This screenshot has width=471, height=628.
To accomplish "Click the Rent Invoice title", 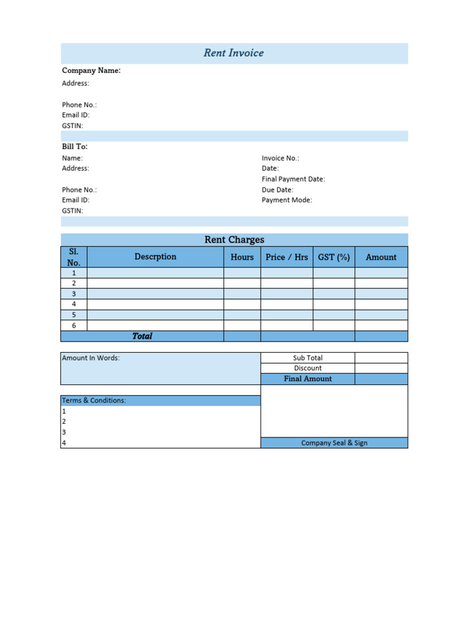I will pyautogui.click(x=234, y=53).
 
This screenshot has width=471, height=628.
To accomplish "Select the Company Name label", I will pyautogui.click(x=91, y=71).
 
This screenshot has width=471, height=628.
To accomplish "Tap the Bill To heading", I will pyautogui.click(x=75, y=147).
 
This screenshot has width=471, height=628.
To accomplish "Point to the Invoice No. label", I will pyautogui.click(x=280, y=158).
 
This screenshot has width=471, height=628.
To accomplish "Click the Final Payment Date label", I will pyautogui.click(x=293, y=179).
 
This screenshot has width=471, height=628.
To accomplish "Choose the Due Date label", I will pyautogui.click(x=277, y=190).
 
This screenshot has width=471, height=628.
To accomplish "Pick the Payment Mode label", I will pyautogui.click(x=286, y=200).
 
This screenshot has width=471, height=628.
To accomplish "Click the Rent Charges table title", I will pyautogui.click(x=234, y=240).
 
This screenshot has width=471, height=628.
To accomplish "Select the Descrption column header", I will pyautogui.click(x=155, y=257).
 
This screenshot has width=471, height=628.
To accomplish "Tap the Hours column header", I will pyautogui.click(x=242, y=257).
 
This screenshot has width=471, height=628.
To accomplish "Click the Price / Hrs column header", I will pyautogui.click(x=286, y=257).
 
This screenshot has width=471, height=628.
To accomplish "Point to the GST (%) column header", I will pyautogui.click(x=334, y=257).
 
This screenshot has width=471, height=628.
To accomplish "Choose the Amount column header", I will pyautogui.click(x=381, y=257).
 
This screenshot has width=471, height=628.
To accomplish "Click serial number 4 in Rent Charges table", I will pyautogui.click(x=74, y=304).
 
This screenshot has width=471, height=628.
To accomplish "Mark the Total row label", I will pyautogui.click(x=142, y=336).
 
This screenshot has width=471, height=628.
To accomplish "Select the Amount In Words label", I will pyautogui.click(x=91, y=358).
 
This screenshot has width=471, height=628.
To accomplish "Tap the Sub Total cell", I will pyautogui.click(x=308, y=358).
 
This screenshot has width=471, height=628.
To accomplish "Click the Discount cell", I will pyautogui.click(x=308, y=369).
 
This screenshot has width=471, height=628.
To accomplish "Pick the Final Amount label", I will pyautogui.click(x=308, y=379).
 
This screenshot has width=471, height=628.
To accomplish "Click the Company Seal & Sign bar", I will pyautogui.click(x=334, y=443).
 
